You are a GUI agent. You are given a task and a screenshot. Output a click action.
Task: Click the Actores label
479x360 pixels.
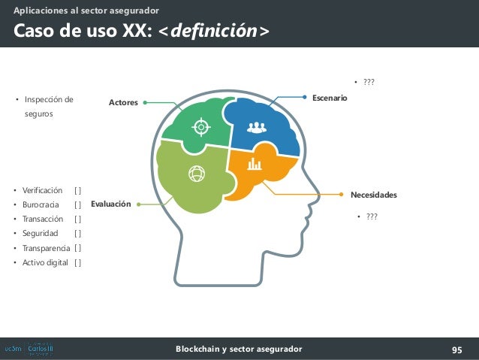pos(124,102)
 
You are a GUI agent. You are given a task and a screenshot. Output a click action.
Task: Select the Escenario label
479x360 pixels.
pos(330,98)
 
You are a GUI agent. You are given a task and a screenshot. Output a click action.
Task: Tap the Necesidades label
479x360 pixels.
pos(373,195)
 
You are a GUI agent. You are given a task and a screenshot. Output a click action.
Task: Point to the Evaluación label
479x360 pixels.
pos(111,204)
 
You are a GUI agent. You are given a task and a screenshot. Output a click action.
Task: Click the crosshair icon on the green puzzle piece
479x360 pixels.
pos(200,127)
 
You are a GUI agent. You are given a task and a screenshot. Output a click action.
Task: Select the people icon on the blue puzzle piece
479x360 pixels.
pos(257,127)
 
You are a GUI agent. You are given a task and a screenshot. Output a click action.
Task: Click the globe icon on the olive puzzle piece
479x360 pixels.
pos(197,174)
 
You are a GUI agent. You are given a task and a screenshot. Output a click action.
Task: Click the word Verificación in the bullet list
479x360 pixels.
pos(43,191)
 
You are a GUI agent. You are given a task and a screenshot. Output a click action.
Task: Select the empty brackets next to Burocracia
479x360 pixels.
pos(78,205)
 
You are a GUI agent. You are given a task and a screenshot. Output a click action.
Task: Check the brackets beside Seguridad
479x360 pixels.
pos(78,234)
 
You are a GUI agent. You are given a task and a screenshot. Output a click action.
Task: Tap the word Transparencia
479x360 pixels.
pos(47,248)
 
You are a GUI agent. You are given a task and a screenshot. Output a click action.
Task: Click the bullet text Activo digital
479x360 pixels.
pos(45,262)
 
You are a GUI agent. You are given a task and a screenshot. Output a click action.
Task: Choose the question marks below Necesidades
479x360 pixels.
pos(370,218)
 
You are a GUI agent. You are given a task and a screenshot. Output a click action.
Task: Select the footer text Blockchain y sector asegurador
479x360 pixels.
pos(239,349)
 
